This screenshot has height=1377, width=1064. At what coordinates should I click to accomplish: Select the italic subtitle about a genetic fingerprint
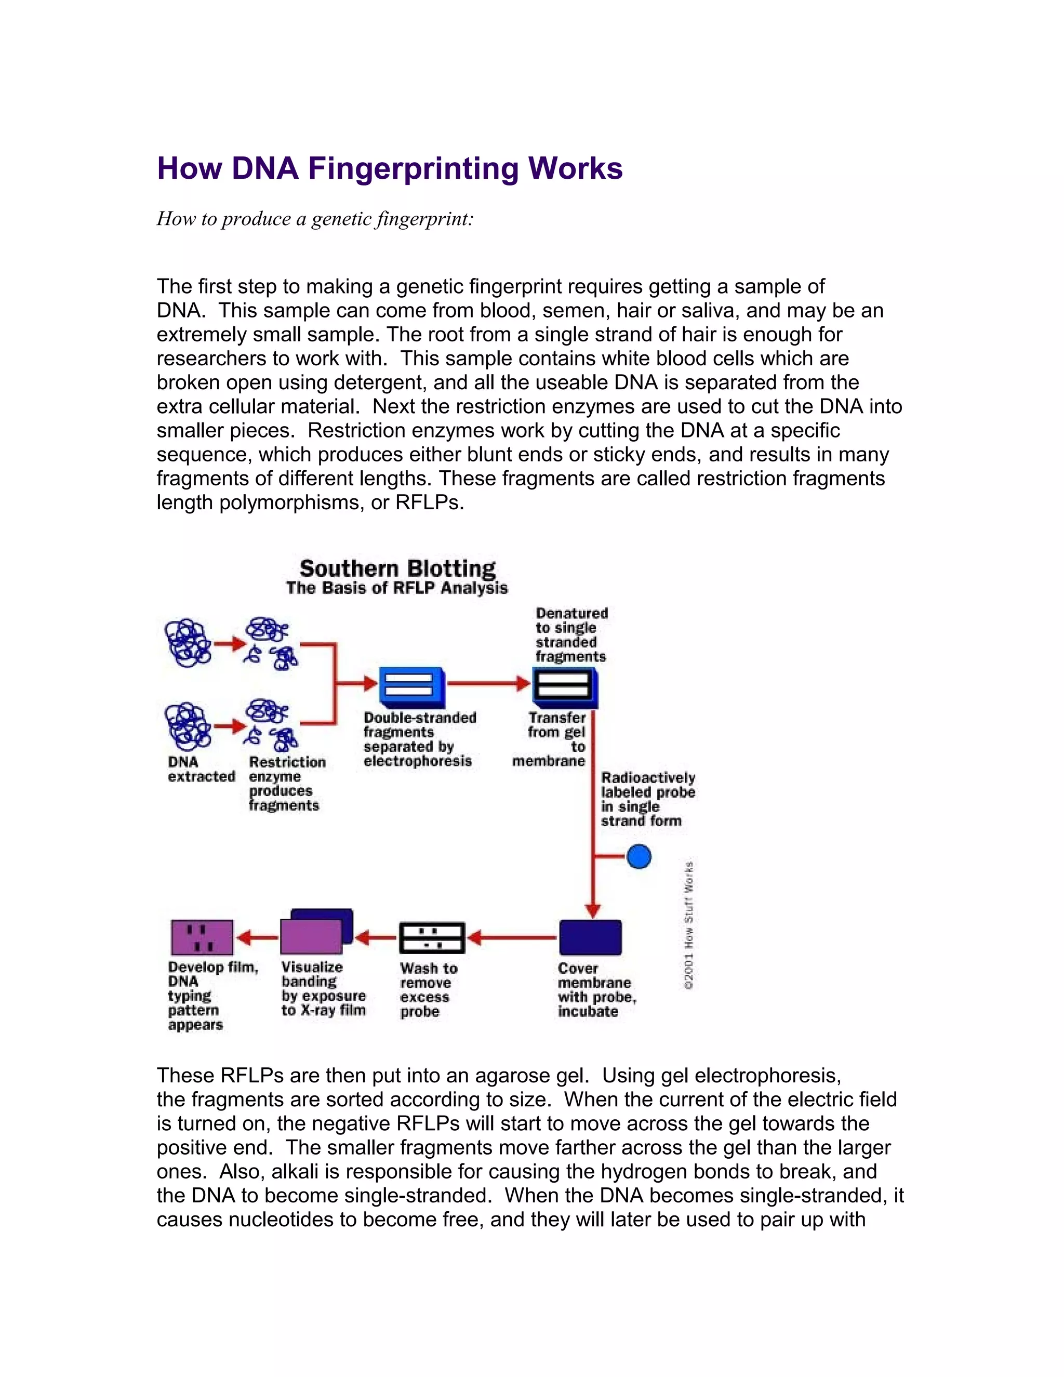pos(314,219)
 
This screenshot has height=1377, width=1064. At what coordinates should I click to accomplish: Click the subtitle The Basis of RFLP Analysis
pos(396,588)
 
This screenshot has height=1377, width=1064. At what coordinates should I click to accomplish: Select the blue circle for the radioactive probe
pos(639,856)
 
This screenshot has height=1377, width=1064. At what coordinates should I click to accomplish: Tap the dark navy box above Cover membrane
pos(590,937)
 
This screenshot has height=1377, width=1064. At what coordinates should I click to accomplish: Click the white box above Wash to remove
pos(432,937)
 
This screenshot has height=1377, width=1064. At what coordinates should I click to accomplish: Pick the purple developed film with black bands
pos(202,937)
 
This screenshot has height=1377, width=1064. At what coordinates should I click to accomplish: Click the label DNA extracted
pos(201,769)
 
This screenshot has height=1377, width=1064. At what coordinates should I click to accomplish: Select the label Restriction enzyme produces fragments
pos(286,784)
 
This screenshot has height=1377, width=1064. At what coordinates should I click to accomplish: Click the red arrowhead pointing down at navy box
pos(592,910)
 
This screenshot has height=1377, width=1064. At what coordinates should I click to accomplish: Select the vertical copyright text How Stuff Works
pos(689,925)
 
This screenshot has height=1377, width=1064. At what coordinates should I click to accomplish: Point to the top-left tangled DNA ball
pos(187,642)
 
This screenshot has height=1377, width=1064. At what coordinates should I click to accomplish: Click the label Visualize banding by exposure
pos(323,989)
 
